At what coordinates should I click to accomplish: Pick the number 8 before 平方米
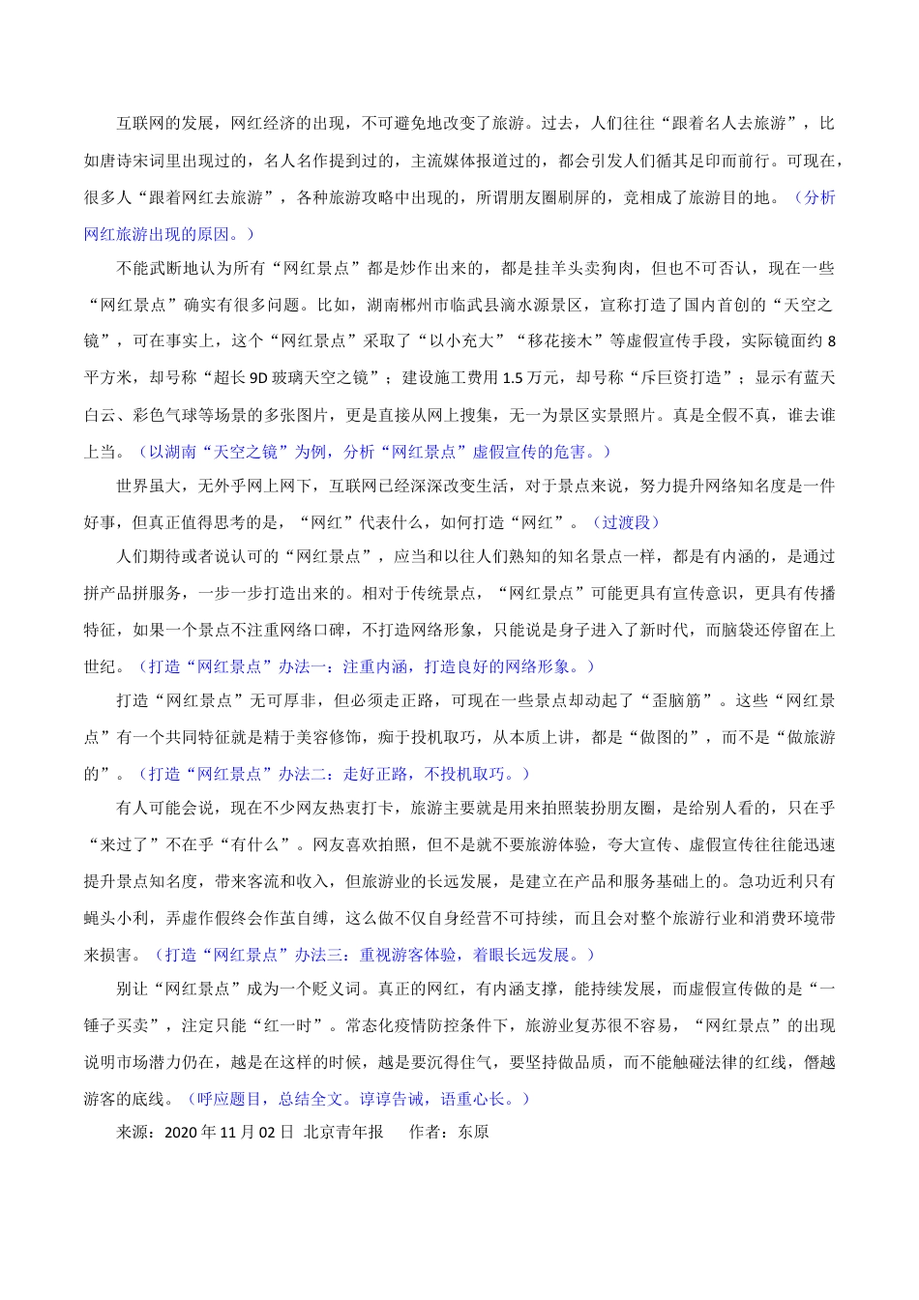831,341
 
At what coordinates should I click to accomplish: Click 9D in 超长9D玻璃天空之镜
258,378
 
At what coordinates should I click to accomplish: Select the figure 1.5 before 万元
514,378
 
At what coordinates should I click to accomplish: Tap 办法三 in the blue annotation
318,955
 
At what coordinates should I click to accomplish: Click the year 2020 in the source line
181,1133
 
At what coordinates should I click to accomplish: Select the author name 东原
473,1133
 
